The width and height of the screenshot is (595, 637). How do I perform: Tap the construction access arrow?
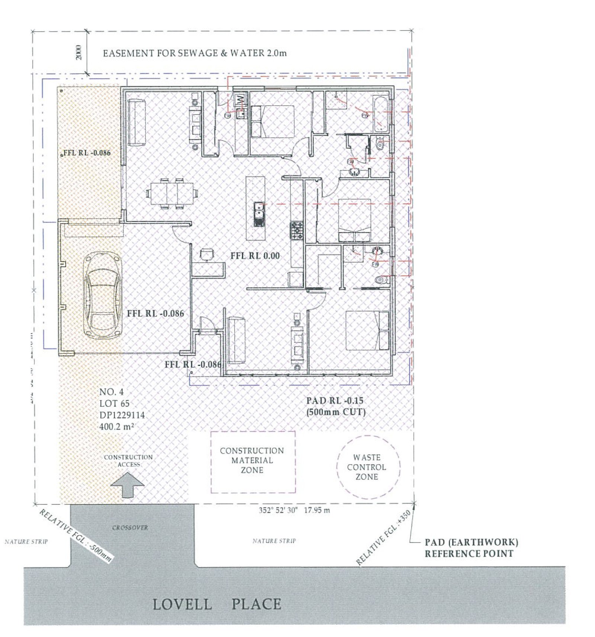tap(128, 485)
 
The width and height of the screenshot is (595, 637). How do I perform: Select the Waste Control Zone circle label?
tap(367, 467)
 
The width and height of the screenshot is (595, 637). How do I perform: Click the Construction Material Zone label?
tap(252, 460)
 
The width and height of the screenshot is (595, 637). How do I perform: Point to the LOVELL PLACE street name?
tap(217, 604)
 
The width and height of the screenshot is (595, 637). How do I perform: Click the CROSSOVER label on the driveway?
tap(130, 527)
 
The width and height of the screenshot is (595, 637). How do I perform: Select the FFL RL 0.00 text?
tap(255, 256)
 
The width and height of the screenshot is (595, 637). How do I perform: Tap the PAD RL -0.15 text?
tap(335, 400)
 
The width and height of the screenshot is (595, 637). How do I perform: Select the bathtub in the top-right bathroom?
tap(381, 114)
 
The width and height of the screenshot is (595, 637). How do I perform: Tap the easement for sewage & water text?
tap(194, 53)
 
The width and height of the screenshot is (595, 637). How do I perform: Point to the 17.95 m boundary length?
tap(316, 510)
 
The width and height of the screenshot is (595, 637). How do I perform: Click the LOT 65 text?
tap(114, 403)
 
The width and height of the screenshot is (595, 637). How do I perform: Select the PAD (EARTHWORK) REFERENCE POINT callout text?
tap(471, 548)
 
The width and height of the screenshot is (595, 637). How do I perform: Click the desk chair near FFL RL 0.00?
tap(207, 254)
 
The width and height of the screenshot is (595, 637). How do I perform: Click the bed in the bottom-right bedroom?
tap(367, 331)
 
